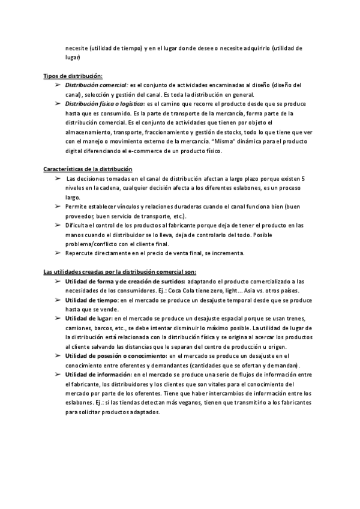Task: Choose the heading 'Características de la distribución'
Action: pos(88,170)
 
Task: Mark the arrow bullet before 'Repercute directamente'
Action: pos(56,253)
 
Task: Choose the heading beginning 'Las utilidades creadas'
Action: pos(107,271)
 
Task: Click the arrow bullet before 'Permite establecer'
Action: pos(56,206)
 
